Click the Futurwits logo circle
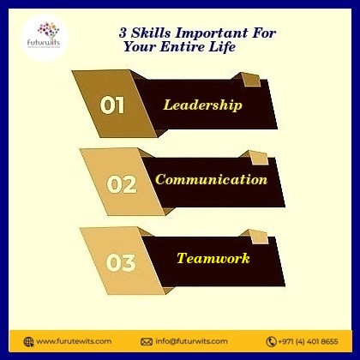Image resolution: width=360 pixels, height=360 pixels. pos(48,38)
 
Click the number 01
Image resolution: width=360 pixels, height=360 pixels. pos(113,105)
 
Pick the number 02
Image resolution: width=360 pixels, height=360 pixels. pos(121,183)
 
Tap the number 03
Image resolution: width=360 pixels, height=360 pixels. pos(121,261)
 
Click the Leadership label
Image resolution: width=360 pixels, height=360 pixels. pos(203,105)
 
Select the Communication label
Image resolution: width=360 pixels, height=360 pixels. pos(211,180)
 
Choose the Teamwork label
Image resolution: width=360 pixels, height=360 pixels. pos(213,257)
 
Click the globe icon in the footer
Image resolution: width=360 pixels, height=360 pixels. pos(28,341)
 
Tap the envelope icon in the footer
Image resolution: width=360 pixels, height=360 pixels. pos(146,341)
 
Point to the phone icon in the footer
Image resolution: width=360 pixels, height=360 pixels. pos(271,341)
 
